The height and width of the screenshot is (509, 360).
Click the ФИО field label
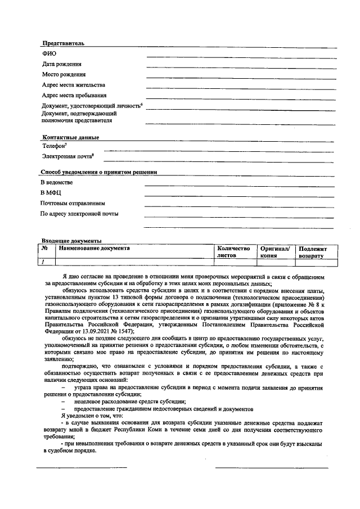49,53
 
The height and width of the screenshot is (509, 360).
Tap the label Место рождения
64,74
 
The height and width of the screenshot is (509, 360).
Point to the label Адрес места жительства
73,85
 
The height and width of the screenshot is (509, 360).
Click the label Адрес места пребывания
74,95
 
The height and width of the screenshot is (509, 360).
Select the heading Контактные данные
70,138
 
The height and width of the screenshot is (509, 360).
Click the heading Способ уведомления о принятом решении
98,172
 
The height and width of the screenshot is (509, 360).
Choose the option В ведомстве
57,182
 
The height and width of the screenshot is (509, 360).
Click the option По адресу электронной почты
79,214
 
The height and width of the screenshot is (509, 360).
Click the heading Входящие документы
71,241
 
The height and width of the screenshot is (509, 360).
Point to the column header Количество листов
233,251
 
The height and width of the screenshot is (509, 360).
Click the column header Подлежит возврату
317,252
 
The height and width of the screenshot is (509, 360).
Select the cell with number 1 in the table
43,262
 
